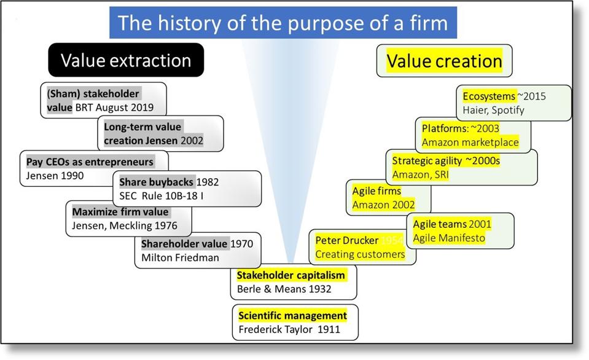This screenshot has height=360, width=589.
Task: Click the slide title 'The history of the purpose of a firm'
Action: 283,23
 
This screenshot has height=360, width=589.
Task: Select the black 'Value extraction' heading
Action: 126,60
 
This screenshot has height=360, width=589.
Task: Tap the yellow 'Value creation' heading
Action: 444,61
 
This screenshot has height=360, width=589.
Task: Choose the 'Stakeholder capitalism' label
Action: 291,275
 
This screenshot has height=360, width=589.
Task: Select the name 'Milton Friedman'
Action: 180,257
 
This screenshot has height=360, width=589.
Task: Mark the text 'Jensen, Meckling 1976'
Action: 120,226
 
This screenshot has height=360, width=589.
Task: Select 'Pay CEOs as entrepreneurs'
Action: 90,162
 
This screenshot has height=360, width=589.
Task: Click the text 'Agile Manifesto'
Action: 448,238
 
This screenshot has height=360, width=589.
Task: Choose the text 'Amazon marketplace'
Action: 470,143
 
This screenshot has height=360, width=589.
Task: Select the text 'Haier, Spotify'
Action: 494,111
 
